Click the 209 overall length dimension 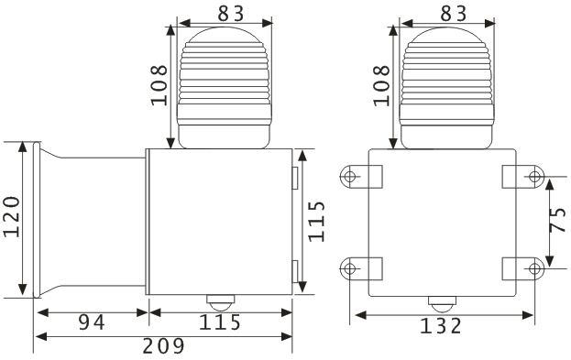(163, 346)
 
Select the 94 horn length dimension (92, 322)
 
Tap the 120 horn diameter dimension (12, 216)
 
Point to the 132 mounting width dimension (441, 326)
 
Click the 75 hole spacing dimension (558, 220)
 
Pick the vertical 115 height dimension (316, 222)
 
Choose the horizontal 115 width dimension (220, 322)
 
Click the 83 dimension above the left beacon (231, 14)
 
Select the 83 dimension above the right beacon (454, 14)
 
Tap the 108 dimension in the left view (159, 85)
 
